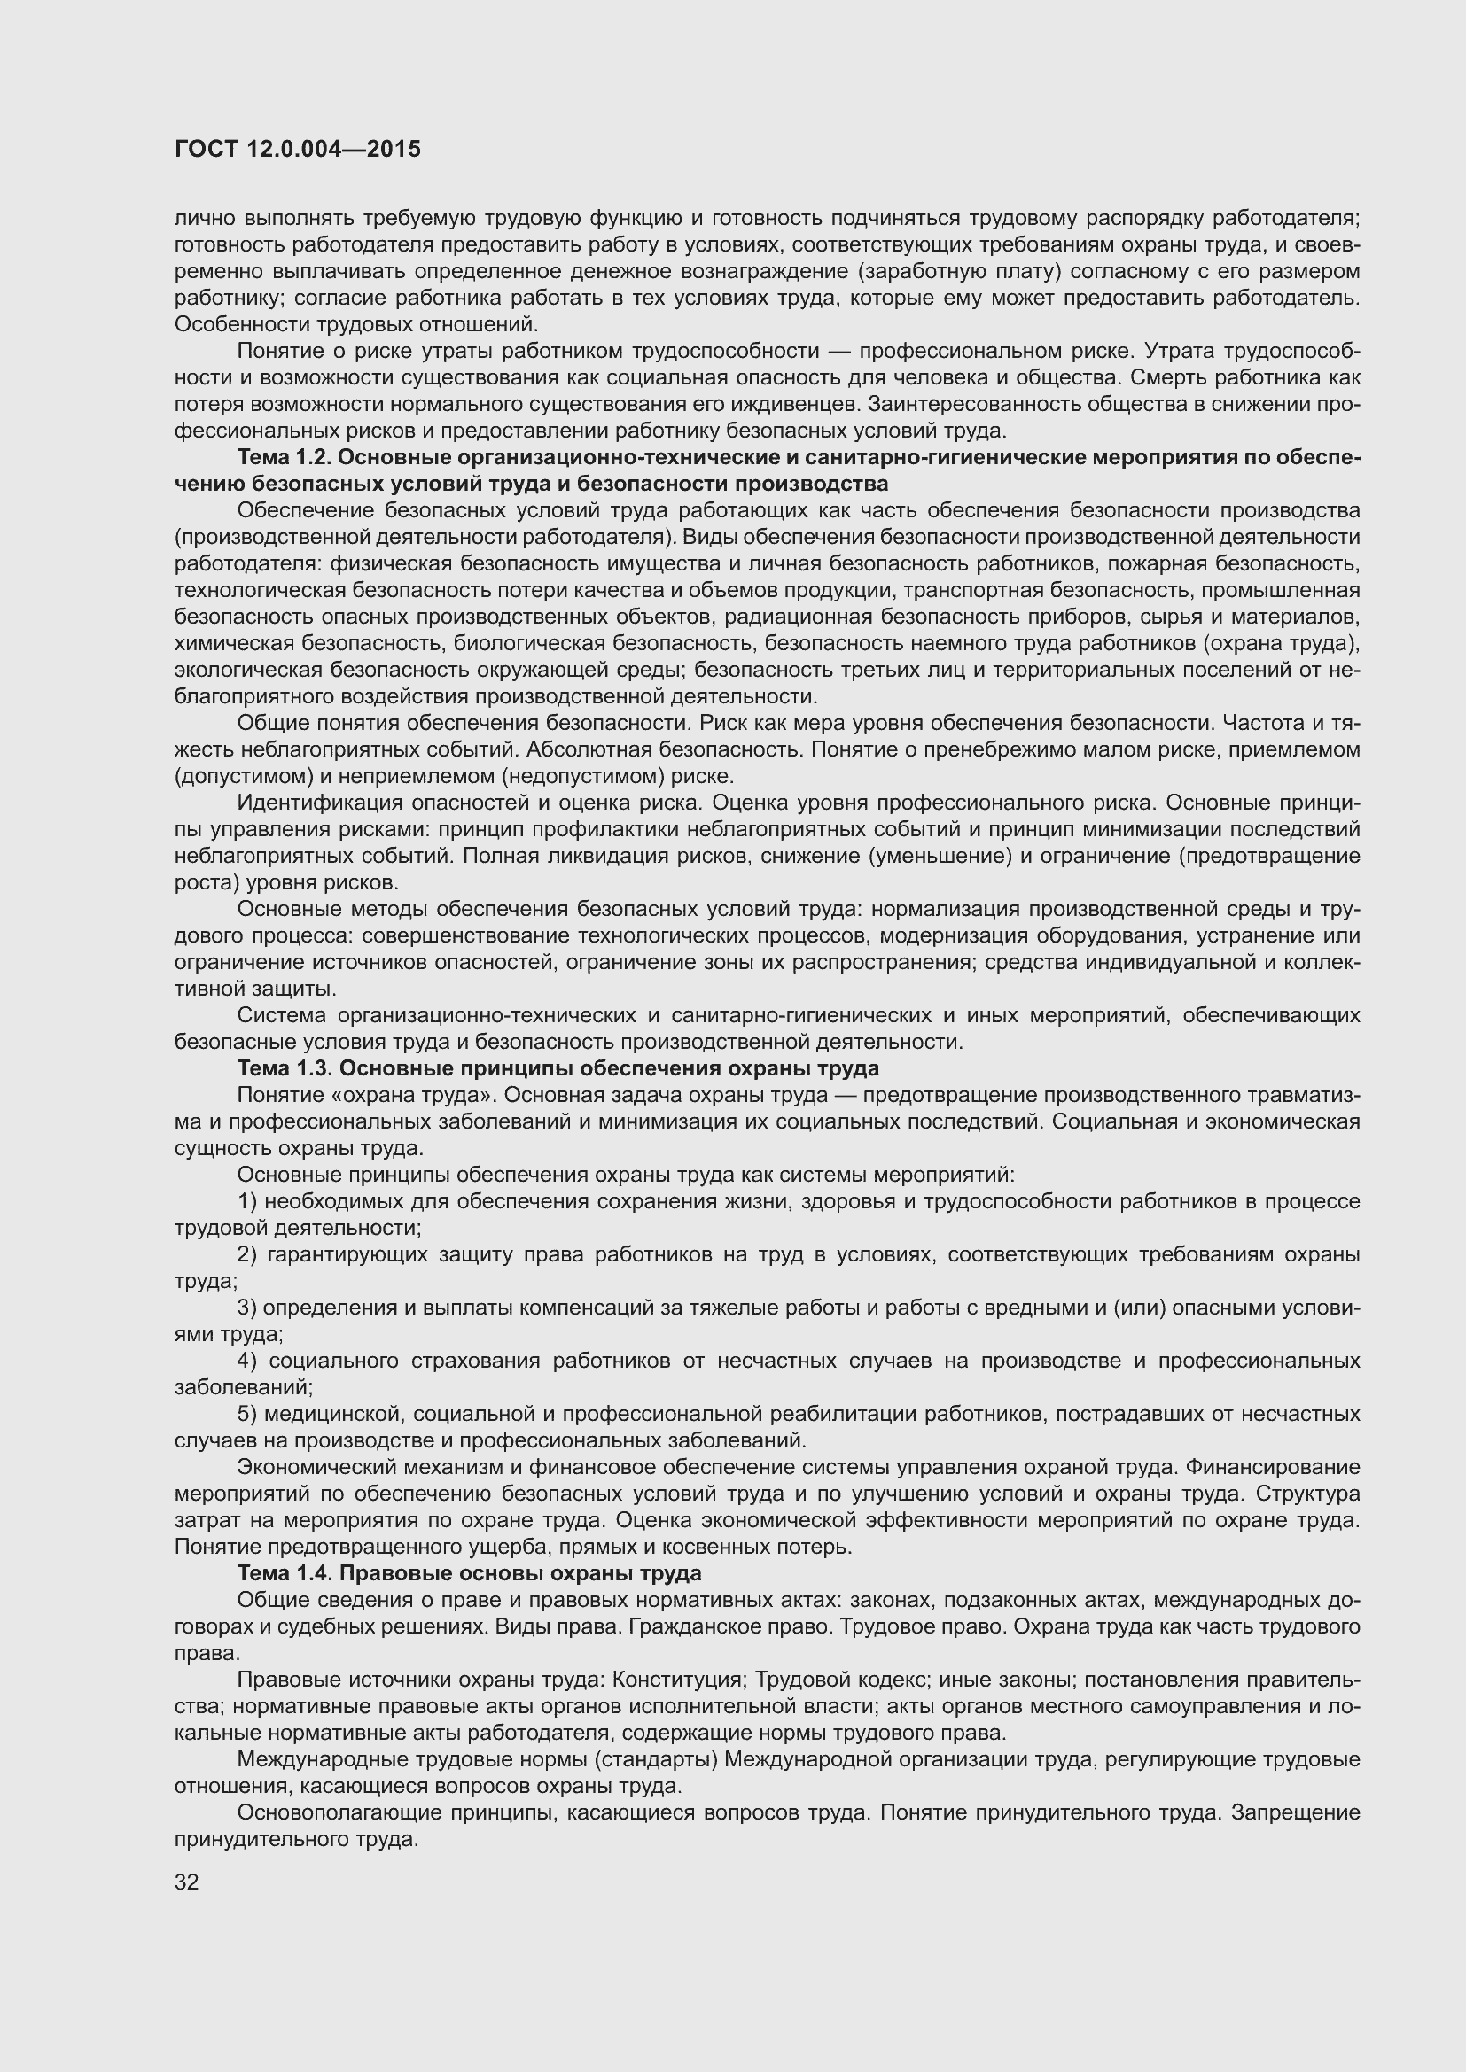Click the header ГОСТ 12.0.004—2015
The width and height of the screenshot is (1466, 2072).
(297, 149)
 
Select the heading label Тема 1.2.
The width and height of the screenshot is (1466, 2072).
(283, 457)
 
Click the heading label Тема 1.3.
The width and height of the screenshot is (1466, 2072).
(283, 1068)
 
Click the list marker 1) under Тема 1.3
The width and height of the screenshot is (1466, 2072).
(247, 1201)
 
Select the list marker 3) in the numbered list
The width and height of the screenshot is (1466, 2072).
(247, 1308)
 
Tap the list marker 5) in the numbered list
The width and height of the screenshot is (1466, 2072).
(247, 1413)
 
